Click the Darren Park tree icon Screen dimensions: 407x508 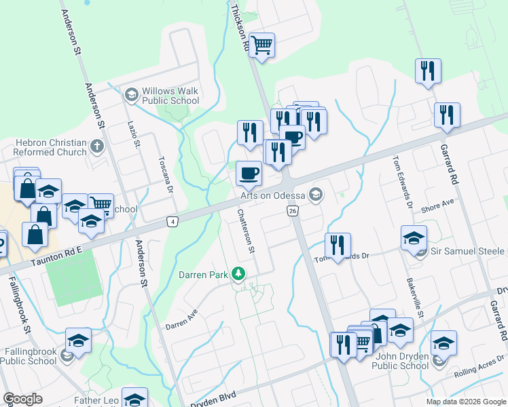[x=238, y=274]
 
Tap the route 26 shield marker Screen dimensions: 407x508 [x=293, y=212]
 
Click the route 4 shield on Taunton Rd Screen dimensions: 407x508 [x=173, y=222]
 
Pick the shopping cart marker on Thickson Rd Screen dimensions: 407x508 [x=261, y=46]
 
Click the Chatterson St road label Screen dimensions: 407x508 [x=245, y=231]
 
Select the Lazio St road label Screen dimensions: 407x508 [x=134, y=135]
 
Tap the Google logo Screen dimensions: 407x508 [x=23, y=399]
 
